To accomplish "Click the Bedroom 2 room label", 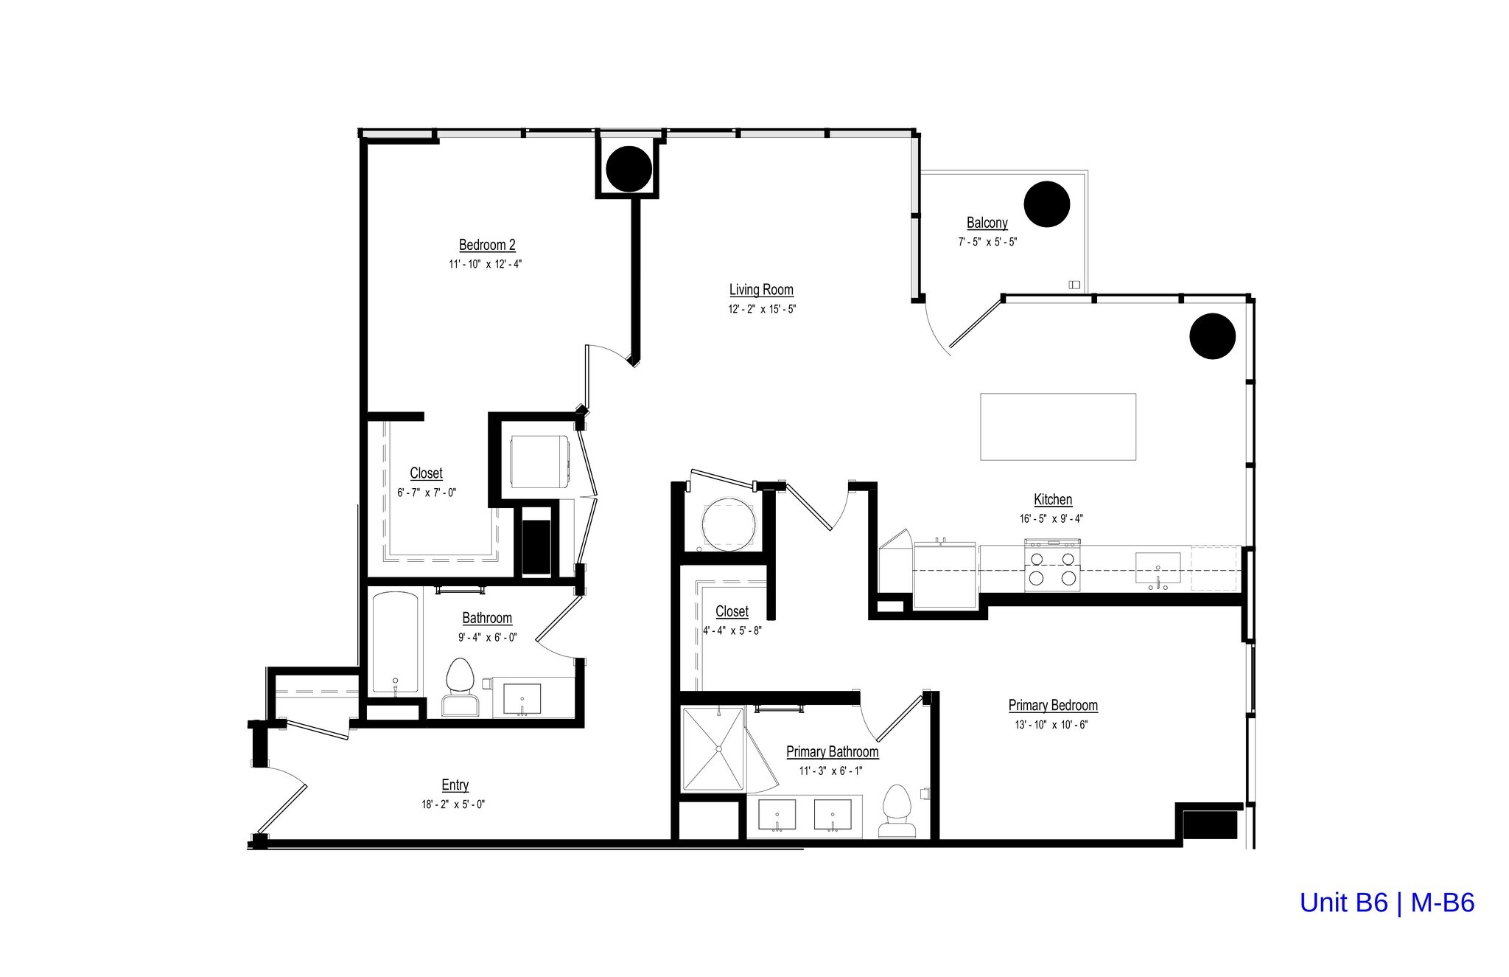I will click(487, 245).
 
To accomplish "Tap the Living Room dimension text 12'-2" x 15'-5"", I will click(761, 309).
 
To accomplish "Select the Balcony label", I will click(987, 223).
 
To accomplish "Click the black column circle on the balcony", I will click(1046, 204).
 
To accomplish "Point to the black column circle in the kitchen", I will click(1212, 336).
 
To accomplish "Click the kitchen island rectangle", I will click(1057, 426).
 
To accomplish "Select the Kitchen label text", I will click(1052, 499).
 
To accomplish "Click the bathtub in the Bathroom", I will click(396, 642).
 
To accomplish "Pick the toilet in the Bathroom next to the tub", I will click(460, 686).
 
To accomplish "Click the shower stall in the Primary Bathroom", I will click(713, 748).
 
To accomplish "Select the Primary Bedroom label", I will click(1052, 706).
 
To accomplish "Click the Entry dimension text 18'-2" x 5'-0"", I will click(453, 804).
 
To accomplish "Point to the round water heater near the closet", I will click(728, 524).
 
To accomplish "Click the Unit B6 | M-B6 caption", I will click(1386, 903).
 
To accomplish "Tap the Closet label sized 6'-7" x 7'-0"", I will click(426, 473).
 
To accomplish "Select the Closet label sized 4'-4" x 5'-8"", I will click(732, 611).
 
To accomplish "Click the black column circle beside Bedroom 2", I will click(629, 169).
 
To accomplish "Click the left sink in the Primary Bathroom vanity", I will click(777, 814).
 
